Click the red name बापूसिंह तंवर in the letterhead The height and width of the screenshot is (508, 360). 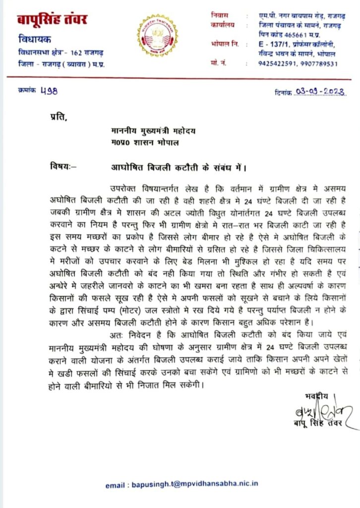(53, 20)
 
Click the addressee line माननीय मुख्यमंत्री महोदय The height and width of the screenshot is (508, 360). (153, 131)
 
